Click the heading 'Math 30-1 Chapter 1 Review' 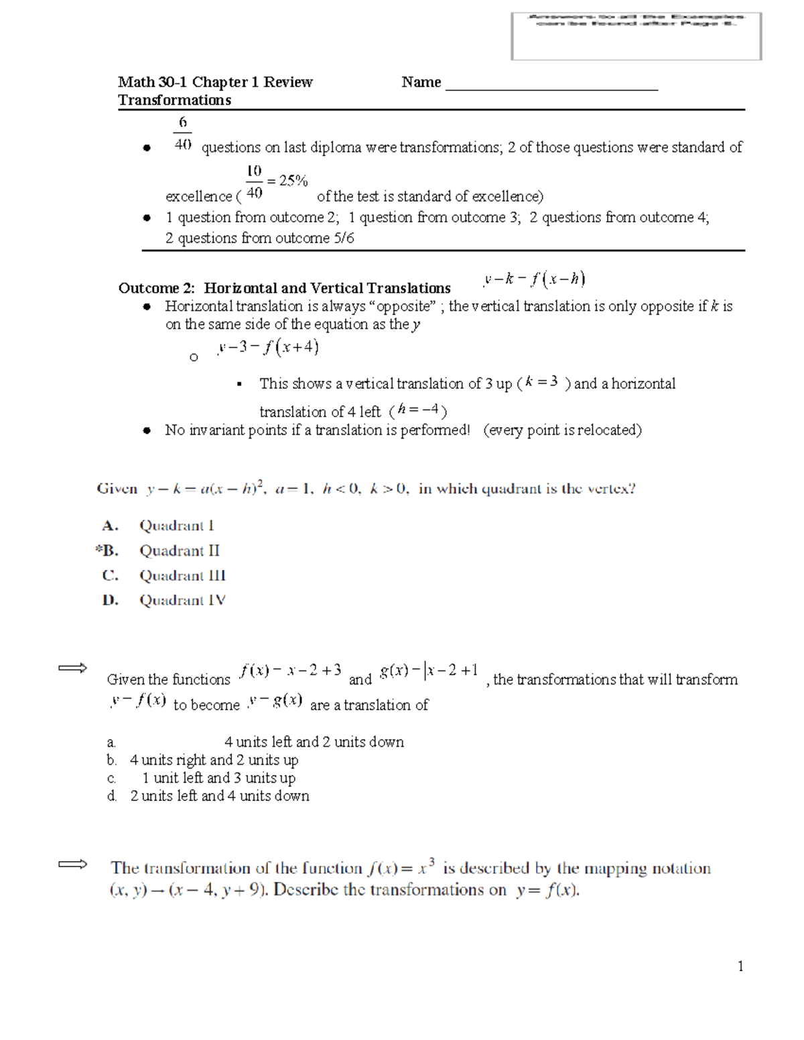pos(215,82)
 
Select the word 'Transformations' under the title pos(174,100)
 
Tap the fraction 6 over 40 pos(182,134)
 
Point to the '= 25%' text pos(287,181)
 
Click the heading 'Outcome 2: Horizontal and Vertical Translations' pos(284,289)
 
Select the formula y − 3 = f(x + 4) pos(268,348)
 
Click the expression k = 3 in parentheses pos(542,382)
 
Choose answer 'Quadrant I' pos(177,526)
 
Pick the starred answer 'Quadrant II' pos(179,551)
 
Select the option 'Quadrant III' pos(182,576)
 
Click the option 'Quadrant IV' pos(182,601)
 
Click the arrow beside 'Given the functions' pos(72,668)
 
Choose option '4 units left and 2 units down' pos(314,742)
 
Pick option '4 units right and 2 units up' pos(214,760)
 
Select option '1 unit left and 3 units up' pos(218,778)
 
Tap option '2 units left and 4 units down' pos(220,796)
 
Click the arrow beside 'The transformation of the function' pos(72,865)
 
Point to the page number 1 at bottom pos(740,966)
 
